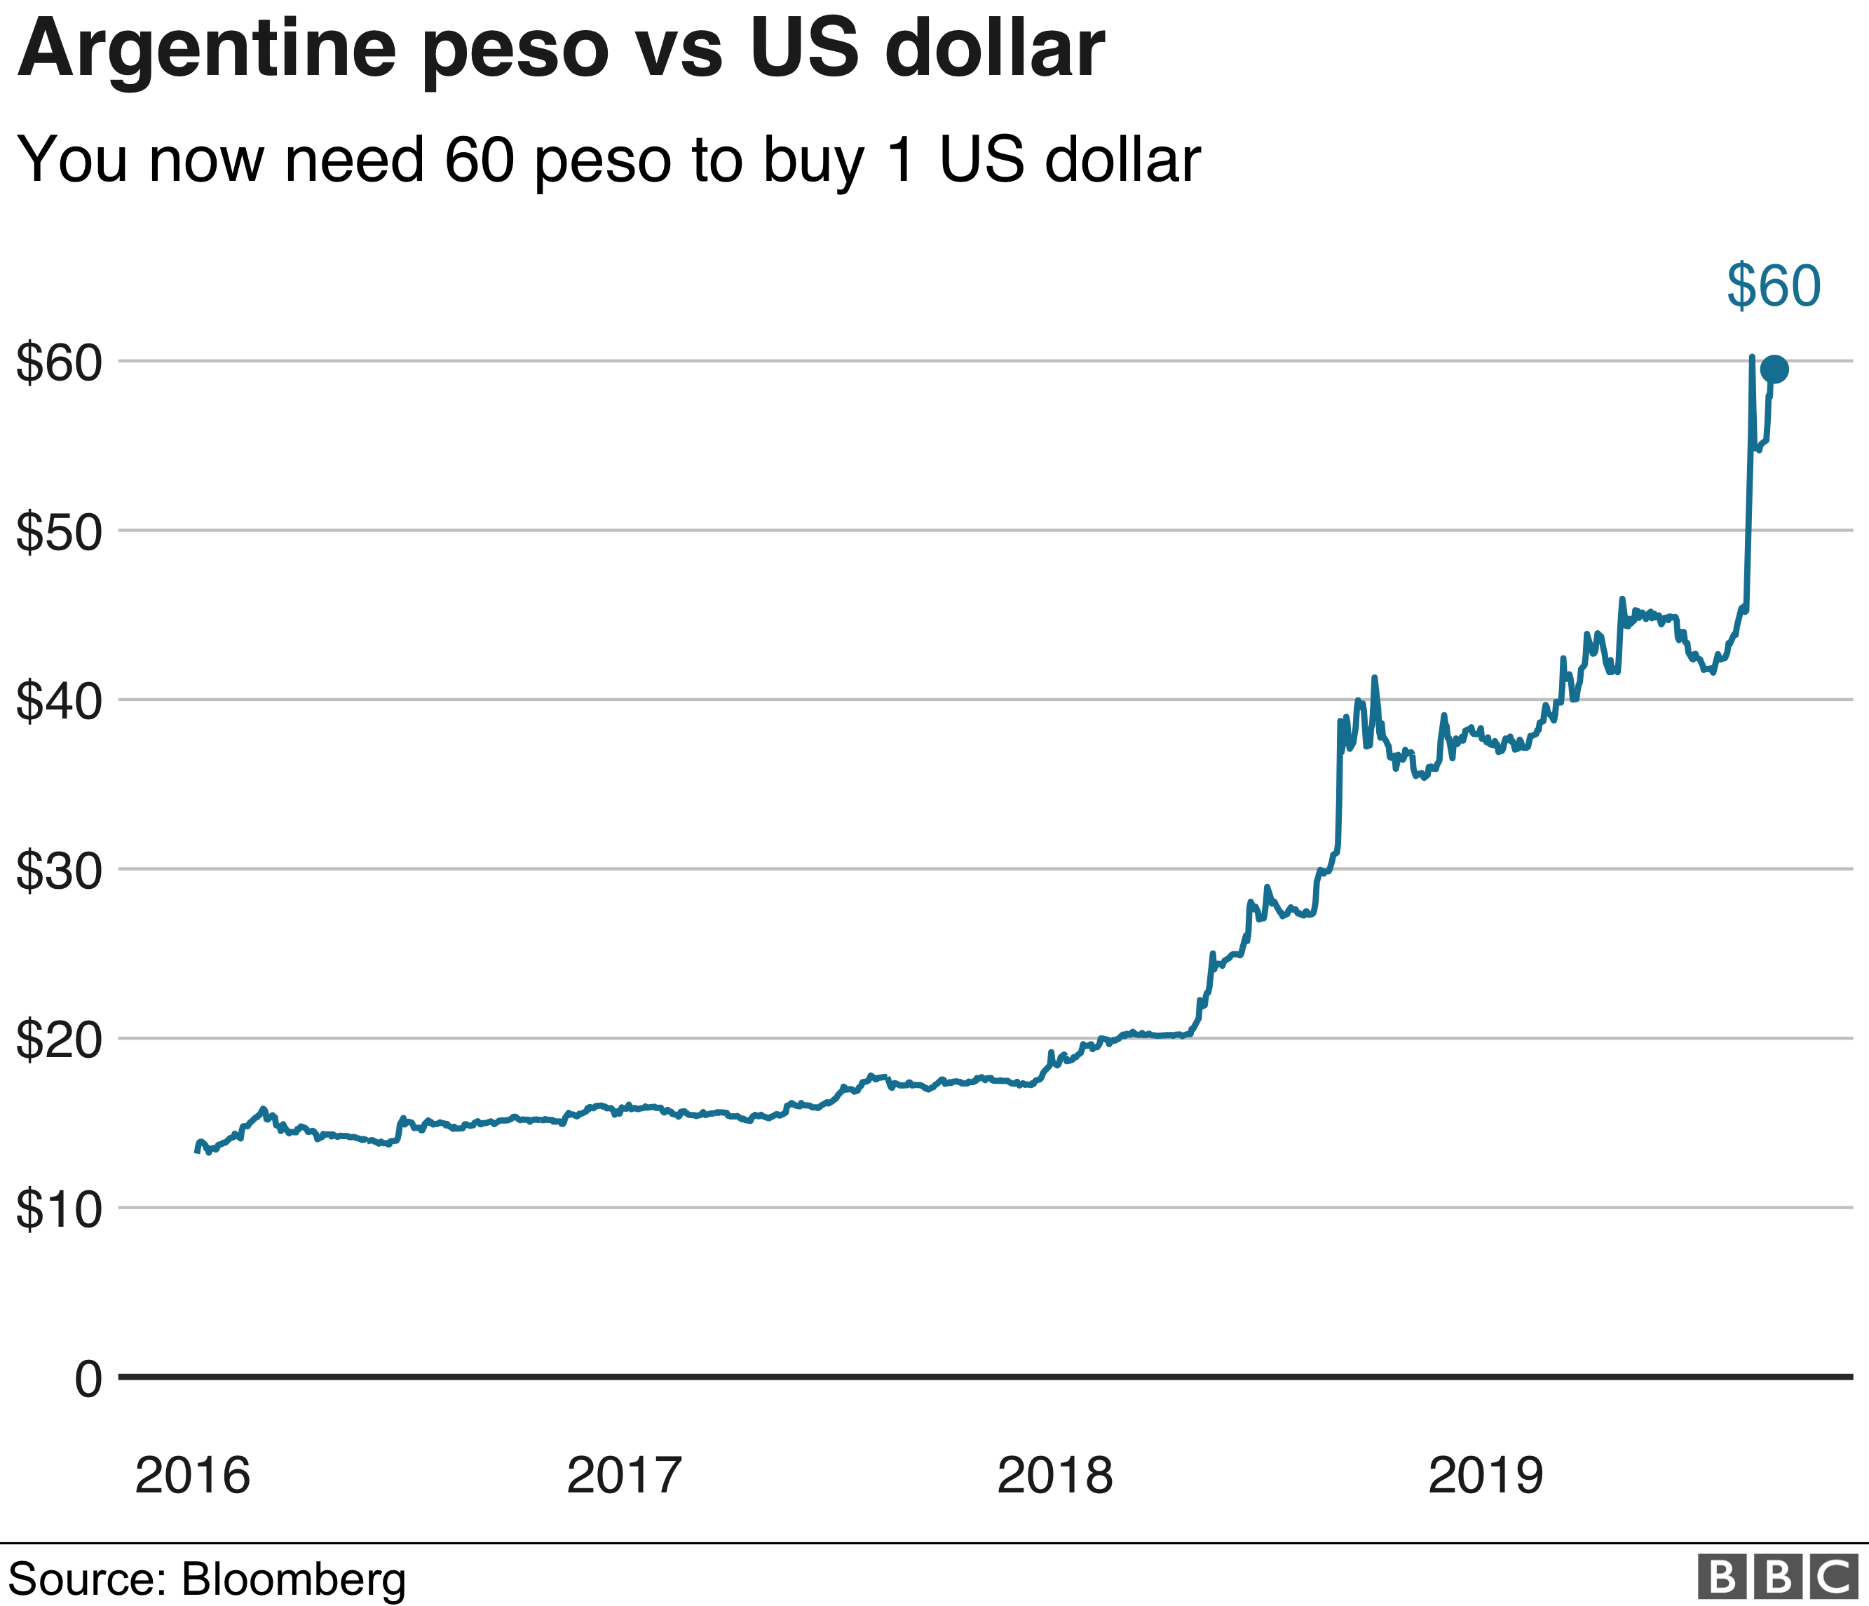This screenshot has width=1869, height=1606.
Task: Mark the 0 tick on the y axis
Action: (x=88, y=1380)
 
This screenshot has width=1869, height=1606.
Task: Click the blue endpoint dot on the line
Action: (x=1774, y=369)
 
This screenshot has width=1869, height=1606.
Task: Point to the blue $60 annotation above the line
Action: (x=1774, y=286)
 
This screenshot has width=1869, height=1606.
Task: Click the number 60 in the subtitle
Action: (x=479, y=160)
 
